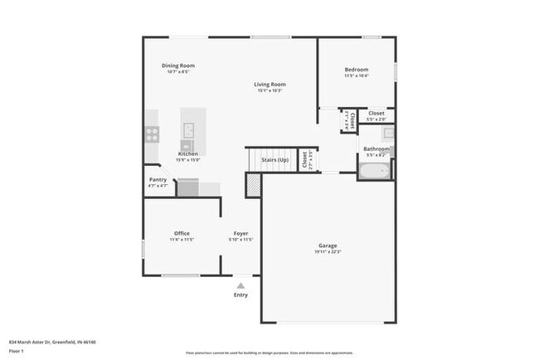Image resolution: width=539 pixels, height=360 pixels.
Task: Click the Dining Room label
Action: [177, 66]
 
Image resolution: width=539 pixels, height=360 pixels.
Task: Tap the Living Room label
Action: [269, 84]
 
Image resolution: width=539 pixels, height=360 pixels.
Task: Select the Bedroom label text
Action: [357, 70]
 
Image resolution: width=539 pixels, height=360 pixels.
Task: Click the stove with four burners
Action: [152, 132]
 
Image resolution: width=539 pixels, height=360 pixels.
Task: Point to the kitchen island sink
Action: [188, 129]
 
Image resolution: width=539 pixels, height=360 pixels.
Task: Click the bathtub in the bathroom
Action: [373, 171]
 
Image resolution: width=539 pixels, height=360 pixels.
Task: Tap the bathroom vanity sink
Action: [388, 133]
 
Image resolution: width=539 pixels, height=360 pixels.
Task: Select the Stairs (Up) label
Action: [274, 159]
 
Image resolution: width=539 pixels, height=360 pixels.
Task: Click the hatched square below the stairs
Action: [253, 185]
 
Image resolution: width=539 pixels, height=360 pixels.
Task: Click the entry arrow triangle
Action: [240, 285]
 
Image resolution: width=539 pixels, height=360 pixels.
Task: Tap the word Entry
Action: [240, 294]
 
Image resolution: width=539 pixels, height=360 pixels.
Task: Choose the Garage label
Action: [328, 246]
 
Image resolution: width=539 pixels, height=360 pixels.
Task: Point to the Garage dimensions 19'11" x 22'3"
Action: [328, 252]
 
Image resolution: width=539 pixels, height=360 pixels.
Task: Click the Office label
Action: [182, 233]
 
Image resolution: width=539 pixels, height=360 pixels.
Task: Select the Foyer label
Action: [240, 233]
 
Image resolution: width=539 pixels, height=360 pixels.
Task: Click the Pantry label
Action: [158, 179]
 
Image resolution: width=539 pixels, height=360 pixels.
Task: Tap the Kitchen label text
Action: [187, 153]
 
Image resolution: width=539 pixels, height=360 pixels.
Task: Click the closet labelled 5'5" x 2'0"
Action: [376, 116]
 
